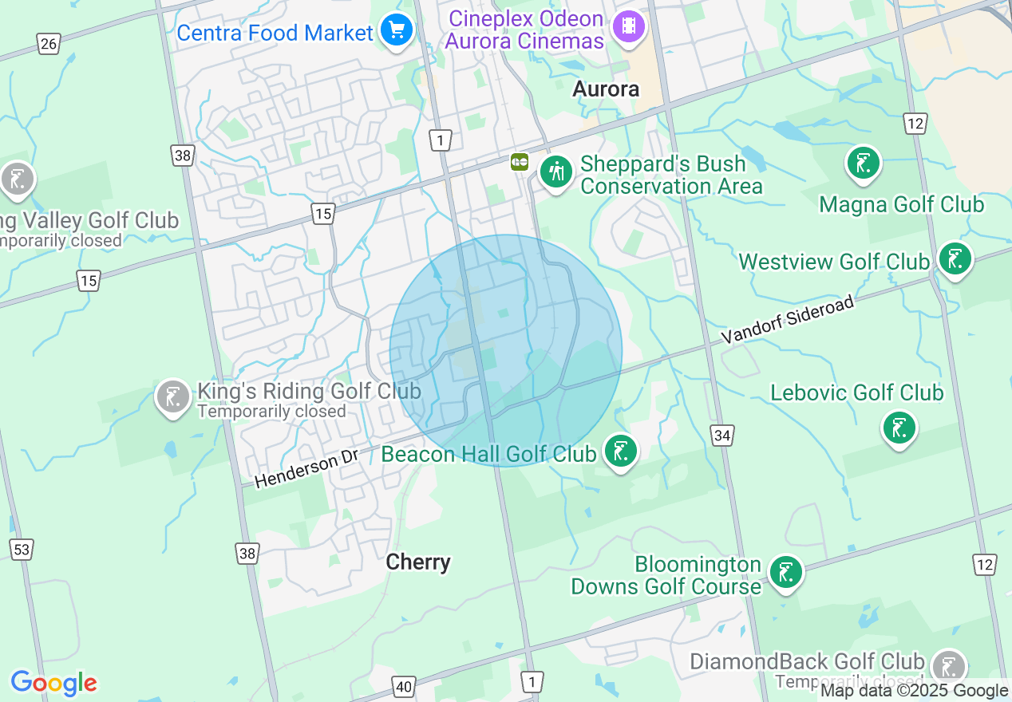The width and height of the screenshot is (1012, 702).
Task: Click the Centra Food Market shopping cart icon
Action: (396, 31)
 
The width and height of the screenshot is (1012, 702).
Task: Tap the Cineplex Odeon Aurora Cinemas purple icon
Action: (628, 27)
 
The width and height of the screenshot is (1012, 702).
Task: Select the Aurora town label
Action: (606, 89)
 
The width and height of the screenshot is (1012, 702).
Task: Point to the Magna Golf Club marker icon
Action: (863, 163)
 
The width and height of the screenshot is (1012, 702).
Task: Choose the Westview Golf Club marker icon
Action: (954, 259)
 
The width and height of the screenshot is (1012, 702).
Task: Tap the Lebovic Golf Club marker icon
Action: (899, 428)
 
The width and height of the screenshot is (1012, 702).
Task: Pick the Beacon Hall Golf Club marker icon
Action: (620, 451)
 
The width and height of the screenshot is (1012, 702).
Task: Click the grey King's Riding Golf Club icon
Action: (172, 396)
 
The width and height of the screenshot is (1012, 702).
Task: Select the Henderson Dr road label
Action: (306, 468)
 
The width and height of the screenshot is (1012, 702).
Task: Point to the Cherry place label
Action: (418, 562)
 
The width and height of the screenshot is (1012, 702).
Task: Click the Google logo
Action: (53, 683)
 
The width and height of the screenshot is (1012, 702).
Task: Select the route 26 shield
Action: (49, 43)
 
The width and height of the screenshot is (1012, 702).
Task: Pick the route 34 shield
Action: (722, 436)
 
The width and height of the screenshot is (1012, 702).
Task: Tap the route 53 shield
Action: (22, 550)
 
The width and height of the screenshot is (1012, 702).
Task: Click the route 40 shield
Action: (404, 686)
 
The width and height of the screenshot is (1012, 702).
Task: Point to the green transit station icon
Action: (520, 162)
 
